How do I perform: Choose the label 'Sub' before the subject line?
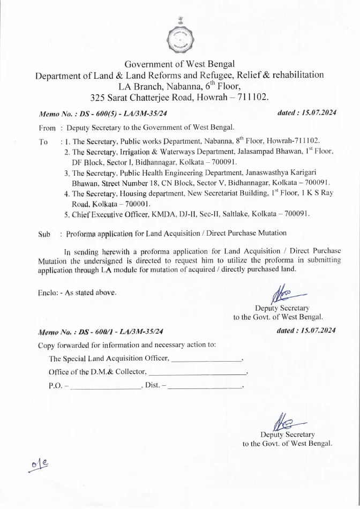click(x=44, y=234)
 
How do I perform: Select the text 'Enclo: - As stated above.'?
click(x=77, y=293)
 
